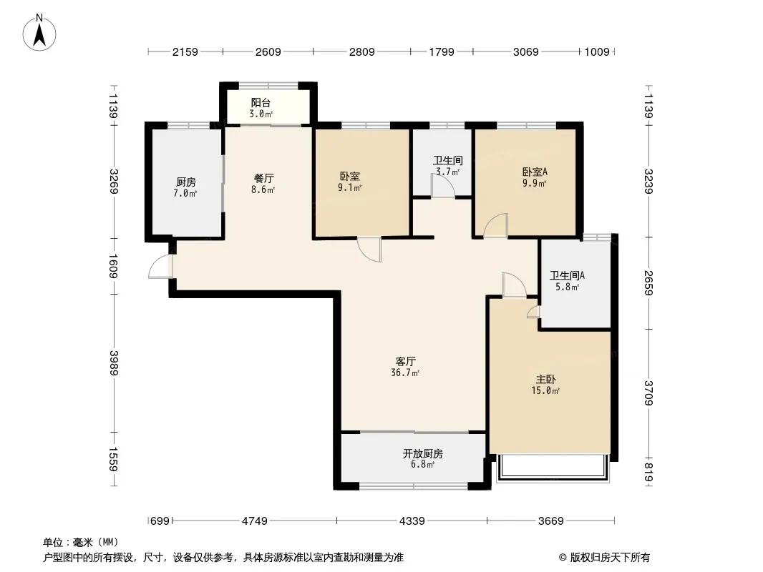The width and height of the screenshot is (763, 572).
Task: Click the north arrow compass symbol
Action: click(39, 33)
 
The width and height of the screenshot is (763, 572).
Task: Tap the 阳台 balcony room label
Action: click(261, 102)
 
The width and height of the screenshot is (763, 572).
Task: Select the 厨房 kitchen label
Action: click(186, 182)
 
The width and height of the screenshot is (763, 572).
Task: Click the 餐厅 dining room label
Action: click(263, 178)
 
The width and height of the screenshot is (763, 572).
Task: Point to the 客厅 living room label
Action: click(405, 362)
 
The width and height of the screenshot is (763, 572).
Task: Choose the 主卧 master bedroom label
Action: click(545, 379)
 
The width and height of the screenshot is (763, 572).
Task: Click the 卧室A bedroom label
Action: click(535, 172)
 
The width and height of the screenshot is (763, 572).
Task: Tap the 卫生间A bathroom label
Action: click(568, 275)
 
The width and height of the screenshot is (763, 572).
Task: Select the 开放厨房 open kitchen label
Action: click(422, 453)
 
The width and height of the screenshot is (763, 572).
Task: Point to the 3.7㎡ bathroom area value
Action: click(447, 172)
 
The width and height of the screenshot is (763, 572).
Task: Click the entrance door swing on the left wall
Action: click(160, 266)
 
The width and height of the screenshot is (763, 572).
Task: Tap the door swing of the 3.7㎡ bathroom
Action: click(443, 186)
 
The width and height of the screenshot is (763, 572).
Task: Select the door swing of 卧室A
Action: click(496, 225)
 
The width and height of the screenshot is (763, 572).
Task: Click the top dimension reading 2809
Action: click(361, 51)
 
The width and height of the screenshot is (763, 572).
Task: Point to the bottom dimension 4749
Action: click(255, 521)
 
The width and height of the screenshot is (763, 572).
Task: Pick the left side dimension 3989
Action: click(113, 363)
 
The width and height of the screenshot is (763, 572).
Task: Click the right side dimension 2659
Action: click(648, 282)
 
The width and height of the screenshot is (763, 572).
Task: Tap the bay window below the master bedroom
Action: click(553, 468)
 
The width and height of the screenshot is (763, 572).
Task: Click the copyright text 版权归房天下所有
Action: click(610, 558)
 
